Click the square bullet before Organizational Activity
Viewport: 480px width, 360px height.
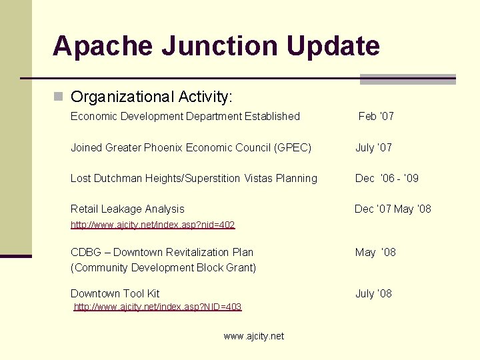(x=59, y=97)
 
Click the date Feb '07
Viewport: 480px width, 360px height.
(x=376, y=117)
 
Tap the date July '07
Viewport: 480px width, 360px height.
(x=373, y=147)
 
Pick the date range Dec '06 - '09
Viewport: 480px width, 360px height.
(x=387, y=178)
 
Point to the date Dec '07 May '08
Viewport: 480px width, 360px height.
(x=393, y=209)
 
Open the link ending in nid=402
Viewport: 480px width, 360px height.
(x=153, y=225)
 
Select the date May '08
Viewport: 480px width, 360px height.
(x=375, y=252)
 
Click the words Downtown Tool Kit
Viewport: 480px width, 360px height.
(x=115, y=293)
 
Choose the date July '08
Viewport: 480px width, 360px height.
(x=373, y=293)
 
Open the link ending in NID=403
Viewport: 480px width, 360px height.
(x=157, y=307)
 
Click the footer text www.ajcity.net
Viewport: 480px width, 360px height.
(x=253, y=336)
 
